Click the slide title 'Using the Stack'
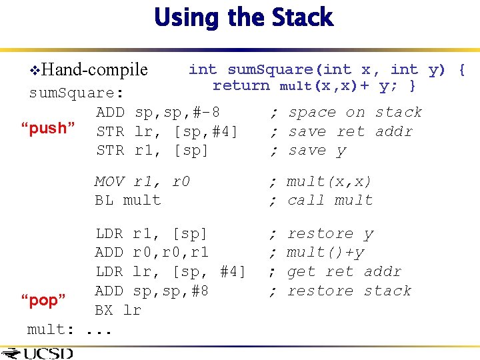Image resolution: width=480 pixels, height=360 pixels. (243, 18)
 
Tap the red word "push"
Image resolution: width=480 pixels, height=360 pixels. (53, 128)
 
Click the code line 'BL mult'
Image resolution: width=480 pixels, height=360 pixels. (128, 200)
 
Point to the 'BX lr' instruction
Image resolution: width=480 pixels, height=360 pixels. (118, 310)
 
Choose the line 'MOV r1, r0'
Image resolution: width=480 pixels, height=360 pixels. (142, 181)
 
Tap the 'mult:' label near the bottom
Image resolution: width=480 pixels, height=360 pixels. (51, 329)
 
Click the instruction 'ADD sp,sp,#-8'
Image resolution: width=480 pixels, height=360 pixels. (159, 112)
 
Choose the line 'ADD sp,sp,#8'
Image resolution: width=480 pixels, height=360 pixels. (152, 291)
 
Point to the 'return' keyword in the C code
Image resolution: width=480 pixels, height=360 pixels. (241, 85)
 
